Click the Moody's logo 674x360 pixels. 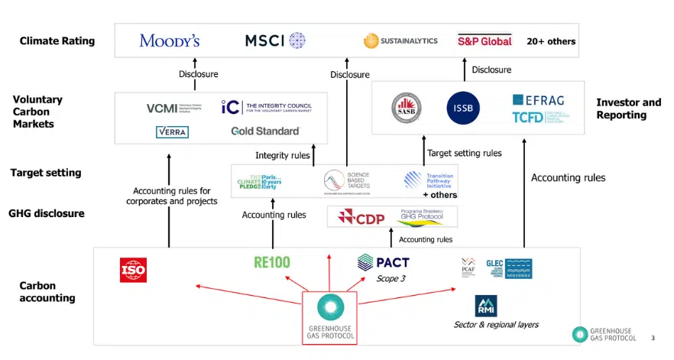[x=170, y=41]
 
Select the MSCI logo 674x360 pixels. [x=275, y=41]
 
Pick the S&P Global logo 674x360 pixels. [x=484, y=41]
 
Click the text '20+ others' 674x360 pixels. [x=551, y=41]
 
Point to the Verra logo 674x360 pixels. [x=171, y=132]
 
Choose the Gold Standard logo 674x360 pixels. [x=265, y=131]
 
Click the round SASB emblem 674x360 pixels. [x=407, y=108]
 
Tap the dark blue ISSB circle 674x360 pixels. [x=462, y=108]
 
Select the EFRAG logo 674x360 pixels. [x=539, y=100]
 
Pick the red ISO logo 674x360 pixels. [x=133, y=269]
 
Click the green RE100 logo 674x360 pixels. [x=272, y=262]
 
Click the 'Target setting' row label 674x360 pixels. [x=46, y=173]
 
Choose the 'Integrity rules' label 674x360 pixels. [x=282, y=155]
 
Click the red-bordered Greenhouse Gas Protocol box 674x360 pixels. [x=329, y=316]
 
